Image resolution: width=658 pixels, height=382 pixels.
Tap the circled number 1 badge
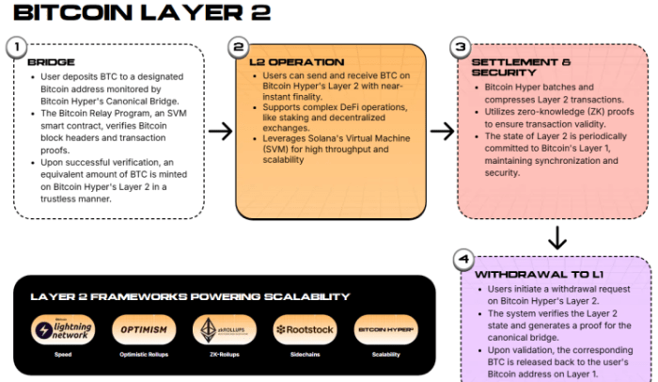[16, 47]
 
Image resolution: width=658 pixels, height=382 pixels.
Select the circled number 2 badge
[239, 47]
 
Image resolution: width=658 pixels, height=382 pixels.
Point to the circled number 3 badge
[460, 47]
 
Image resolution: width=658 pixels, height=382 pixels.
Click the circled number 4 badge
[462, 258]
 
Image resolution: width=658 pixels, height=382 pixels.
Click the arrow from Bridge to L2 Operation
[220, 131]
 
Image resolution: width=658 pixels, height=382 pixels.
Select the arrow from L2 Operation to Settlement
[442, 131]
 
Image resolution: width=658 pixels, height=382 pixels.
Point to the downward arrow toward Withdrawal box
[557, 236]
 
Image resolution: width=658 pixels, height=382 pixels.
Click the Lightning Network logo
[60, 330]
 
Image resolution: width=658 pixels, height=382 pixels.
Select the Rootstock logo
[305, 330]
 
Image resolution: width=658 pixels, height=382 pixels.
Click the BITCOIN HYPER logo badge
[385, 330]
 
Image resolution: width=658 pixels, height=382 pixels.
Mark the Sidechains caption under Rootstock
[305, 355]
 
